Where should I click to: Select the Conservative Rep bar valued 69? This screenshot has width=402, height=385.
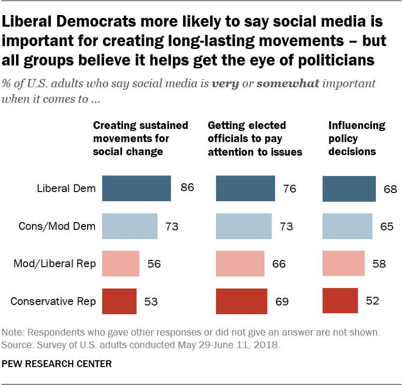[241, 301]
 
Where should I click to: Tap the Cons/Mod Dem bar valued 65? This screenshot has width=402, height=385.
[347, 226]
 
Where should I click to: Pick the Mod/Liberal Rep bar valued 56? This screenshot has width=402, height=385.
[121, 263]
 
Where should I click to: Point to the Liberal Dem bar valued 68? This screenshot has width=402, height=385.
[349, 188]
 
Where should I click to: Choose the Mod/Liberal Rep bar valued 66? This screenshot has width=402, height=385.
[240, 263]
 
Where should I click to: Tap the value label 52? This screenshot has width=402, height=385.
[372, 301]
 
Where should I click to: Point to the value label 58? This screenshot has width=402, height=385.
[379, 263]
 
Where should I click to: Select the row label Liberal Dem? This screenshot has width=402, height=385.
[66, 188]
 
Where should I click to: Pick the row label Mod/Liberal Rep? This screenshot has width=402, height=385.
[55, 263]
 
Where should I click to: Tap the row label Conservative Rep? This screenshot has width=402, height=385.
[53, 301]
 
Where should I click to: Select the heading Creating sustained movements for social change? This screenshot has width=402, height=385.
[140, 138]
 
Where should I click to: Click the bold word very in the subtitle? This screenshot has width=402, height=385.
[225, 83]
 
